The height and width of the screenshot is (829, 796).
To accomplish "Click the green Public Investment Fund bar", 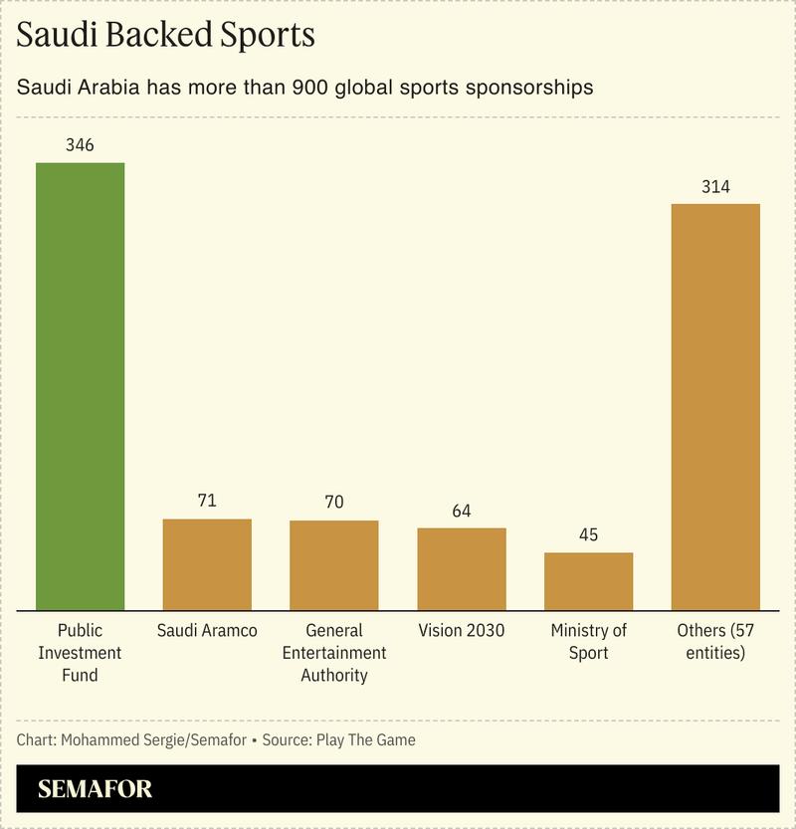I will (x=80, y=386).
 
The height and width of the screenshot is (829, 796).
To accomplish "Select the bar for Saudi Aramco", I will (x=207, y=564).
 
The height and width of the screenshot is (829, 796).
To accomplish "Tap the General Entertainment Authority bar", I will (x=334, y=565).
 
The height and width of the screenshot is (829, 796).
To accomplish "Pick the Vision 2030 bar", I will (x=462, y=568).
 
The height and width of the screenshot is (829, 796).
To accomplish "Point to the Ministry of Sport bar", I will (x=589, y=580).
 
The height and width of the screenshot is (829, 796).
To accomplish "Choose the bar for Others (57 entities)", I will (x=715, y=406).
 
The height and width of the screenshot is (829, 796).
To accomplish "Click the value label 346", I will (x=80, y=145).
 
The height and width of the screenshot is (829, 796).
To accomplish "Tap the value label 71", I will (x=207, y=501).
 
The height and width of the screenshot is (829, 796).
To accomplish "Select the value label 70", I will (x=334, y=503).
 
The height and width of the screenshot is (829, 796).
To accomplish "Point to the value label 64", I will (x=462, y=511).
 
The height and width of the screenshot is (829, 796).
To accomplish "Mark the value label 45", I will (x=589, y=534).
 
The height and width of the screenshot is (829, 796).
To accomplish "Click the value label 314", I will (x=715, y=187).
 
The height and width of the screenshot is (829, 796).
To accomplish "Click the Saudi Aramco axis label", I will (x=207, y=631).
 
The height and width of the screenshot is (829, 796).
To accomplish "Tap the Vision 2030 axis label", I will (x=462, y=631).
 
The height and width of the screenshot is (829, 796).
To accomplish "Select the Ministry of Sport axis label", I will (x=589, y=642).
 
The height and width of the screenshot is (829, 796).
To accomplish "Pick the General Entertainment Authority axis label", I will (x=334, y=653).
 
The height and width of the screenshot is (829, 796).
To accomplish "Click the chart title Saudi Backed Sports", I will (x=166, y=36).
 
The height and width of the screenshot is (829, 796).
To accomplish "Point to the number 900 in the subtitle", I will (x=310, y=88).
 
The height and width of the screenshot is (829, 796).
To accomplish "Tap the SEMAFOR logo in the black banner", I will (x=96, y=790).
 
